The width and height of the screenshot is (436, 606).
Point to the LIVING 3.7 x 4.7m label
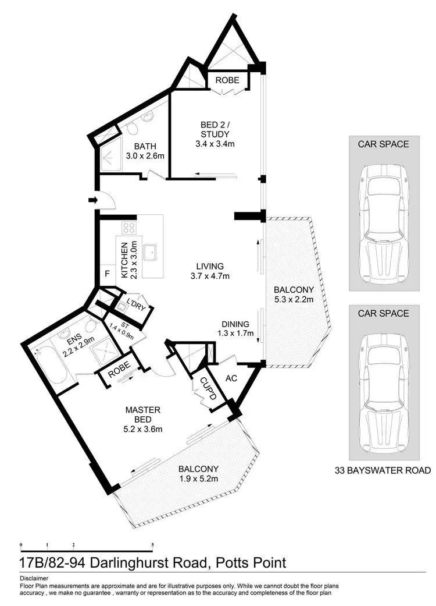click(x=210, y=271)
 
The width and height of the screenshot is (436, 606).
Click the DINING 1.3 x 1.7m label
click(x=235, y=329)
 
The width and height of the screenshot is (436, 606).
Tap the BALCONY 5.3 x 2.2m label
click(x=295, y=295)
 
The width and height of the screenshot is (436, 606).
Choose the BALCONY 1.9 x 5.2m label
click(x=198, y=474)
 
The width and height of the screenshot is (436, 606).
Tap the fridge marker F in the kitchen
click(x=107, y=274)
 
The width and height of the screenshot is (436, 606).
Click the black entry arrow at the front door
click(x=92, y=201)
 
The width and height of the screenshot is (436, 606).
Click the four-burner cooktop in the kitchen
click(x=128, y=228)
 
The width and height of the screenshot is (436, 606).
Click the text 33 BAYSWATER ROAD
click(x=384, y=470)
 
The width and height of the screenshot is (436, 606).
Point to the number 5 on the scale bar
click(x=152, y=545)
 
